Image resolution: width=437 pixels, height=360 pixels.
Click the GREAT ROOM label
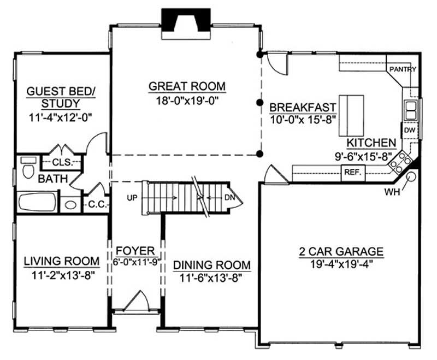(187, 86)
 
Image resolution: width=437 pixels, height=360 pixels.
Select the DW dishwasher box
(409, 131)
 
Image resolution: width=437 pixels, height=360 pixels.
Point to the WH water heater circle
(410, 176)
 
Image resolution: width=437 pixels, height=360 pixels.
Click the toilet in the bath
(27, 170)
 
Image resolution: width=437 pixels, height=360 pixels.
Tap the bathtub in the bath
(37, 202)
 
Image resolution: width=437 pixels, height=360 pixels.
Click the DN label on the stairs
(230, 197)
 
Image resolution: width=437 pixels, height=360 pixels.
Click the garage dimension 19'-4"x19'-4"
(340, 263)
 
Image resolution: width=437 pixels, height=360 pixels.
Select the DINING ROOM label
(212, 265)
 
